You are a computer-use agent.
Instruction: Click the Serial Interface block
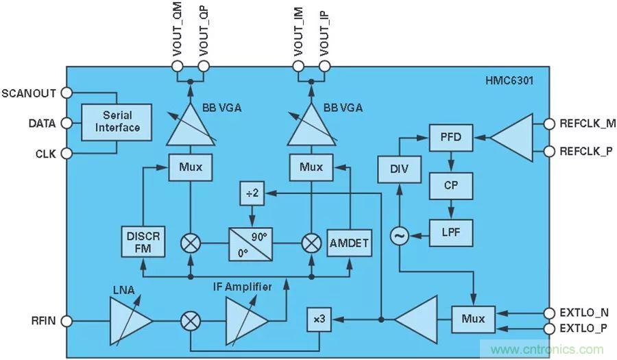coord(117,122)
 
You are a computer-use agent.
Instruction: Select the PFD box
coord(447,138)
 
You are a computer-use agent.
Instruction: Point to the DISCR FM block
coord(143,241)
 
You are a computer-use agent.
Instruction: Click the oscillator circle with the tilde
coord(398,237)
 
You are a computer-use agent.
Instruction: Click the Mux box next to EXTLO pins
coord(474,319)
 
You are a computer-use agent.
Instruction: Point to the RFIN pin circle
coord(67,320)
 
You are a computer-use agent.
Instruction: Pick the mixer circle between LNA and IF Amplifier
coord(191,320)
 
